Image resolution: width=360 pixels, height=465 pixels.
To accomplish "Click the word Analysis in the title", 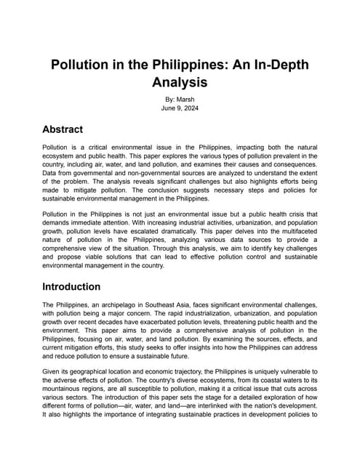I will tap(180, 83).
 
